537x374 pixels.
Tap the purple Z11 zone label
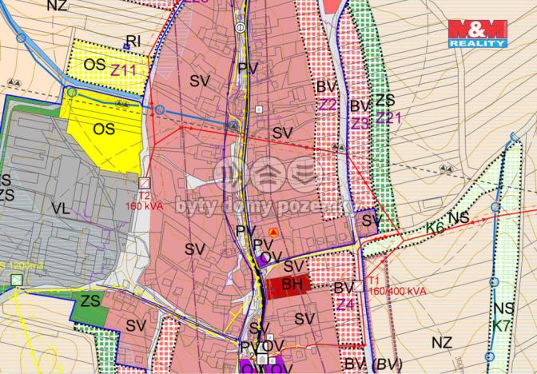[x=125, y=71]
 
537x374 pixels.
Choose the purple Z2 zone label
[x=328, y=105]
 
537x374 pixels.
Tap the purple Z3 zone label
[x=360, y=123]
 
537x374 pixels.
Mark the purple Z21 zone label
[x=389, y=118]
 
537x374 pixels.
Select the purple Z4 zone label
[x=344, y=304]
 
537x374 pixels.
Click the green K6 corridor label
[x=434, y=228]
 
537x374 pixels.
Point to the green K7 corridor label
[x=501, y=326]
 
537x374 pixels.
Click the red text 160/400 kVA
[x=396, y=292]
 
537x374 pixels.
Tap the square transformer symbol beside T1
[x=360, y=285]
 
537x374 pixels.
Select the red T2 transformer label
[x=144, y=195]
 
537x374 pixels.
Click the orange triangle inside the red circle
[x=273, y=233]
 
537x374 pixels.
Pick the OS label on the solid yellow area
[x=103, y=129]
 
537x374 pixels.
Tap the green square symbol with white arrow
[x=16, y=280]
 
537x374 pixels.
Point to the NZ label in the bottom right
[x=441, y=342]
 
